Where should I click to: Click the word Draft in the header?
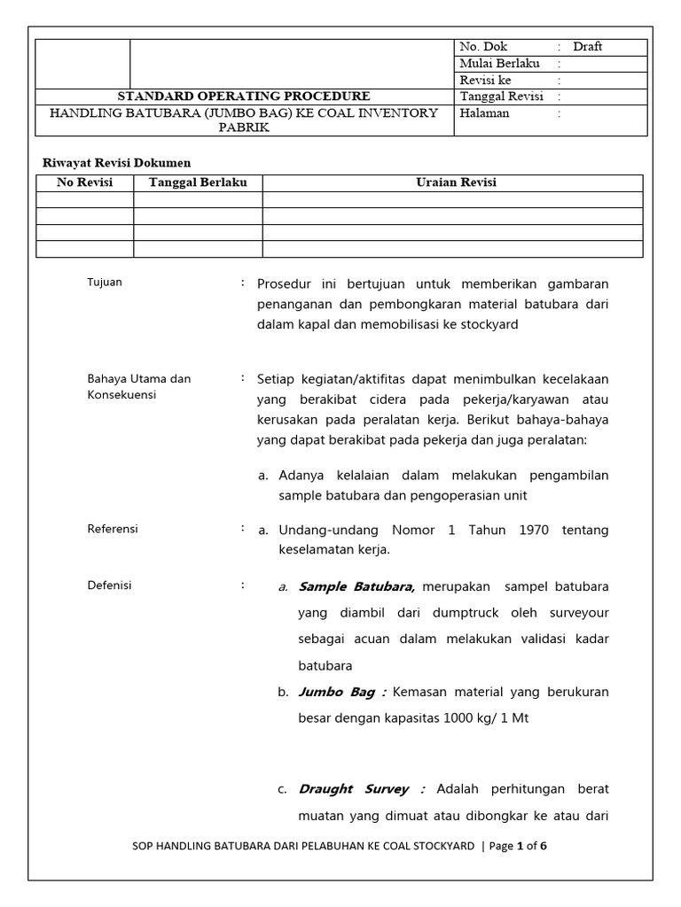point(587,47)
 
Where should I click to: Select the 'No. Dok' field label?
point(484,47)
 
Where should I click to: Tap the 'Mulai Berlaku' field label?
point(499,64)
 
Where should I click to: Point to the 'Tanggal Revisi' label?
point(501,97)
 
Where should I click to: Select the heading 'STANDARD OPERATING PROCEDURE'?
point(245,97)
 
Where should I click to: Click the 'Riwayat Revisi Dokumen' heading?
point(117,162)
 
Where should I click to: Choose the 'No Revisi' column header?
point(84,182)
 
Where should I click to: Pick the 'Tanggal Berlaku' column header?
point(198,182)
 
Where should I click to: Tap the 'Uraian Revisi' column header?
point(456,182)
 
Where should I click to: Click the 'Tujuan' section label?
point(105,283)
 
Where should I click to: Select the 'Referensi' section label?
point(113,529)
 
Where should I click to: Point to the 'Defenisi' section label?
point(109,585)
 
